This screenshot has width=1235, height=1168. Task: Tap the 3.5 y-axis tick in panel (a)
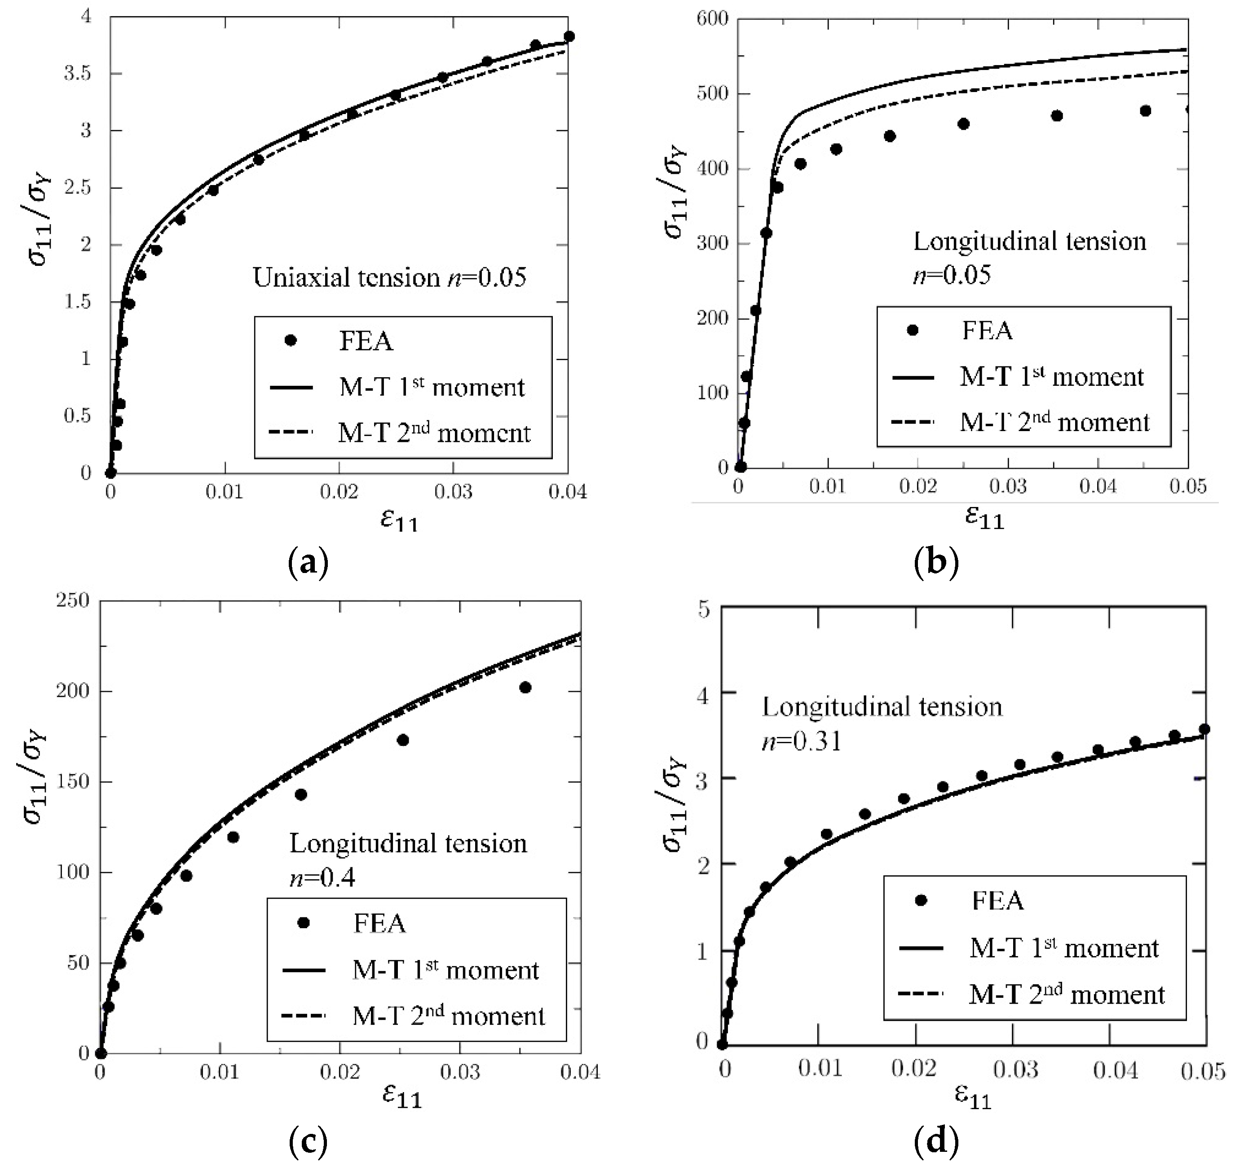77,74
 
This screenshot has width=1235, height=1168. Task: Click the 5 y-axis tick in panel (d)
704,609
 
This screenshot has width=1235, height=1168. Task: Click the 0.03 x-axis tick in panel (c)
460,1072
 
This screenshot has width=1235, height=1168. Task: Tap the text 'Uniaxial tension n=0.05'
389,278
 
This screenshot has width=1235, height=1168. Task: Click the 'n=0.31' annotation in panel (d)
802,741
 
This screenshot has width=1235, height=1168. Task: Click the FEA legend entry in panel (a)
366,341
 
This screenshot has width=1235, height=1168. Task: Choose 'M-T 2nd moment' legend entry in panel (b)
1054,423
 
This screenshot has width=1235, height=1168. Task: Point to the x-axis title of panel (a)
399,520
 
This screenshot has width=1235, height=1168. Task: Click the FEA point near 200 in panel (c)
525,688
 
